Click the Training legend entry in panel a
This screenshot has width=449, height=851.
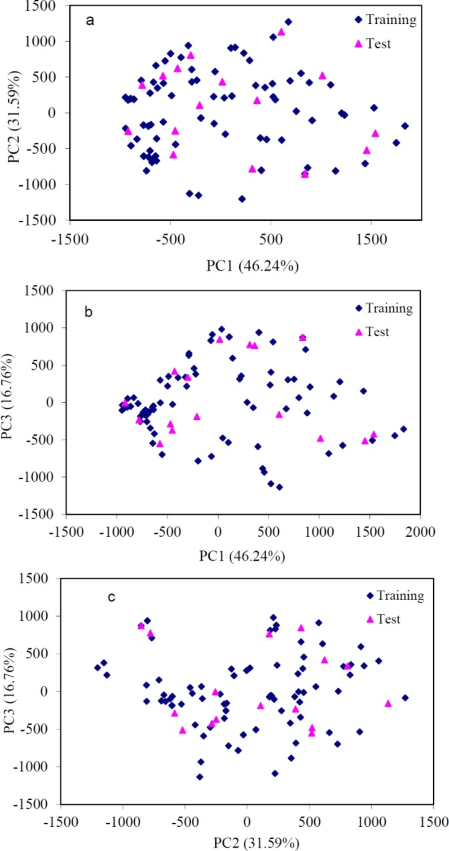coord(385,20)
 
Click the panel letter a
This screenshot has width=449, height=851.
coord(90,20)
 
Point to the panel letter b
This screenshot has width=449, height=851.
coord(88,312)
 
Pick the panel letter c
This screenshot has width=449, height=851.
coord(111,597)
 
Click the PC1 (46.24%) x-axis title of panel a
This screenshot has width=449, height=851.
coord(252,266)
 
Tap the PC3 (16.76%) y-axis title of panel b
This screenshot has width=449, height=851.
coord(8,397)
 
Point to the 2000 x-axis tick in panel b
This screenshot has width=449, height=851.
coord(420,532)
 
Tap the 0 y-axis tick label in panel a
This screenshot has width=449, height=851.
coord(52,113)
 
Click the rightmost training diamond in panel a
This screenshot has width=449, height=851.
coord(405,126)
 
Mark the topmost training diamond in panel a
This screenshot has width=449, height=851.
coord(288,22)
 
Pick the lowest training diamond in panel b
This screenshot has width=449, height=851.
coord(279,487)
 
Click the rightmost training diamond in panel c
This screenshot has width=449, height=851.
coord(405,698)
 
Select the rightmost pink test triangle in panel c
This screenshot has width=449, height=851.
coord(388,704)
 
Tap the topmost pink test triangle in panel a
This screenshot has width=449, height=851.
coord(282,32)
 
